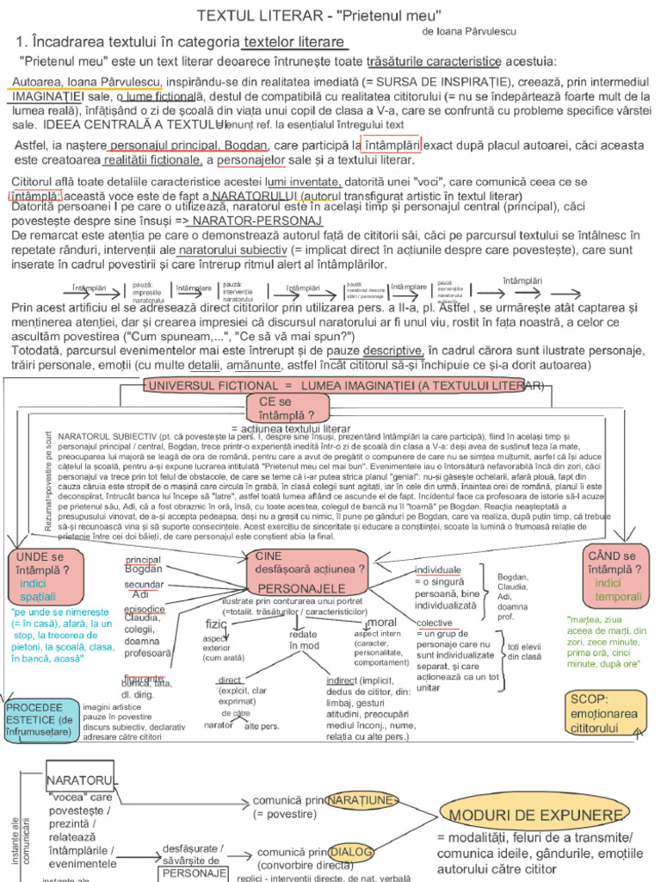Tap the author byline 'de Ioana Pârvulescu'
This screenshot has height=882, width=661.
(x=470, y=30)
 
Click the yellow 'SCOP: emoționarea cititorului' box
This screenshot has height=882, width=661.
(x=603, y=713)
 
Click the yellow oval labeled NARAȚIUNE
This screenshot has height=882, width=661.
(x=361, y=800)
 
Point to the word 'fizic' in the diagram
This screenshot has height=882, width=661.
(x=215, y=623)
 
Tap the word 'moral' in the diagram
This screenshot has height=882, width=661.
(x=380, y=622)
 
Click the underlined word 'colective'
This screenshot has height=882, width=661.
(x=435, y=623)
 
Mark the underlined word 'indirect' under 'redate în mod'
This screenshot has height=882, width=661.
(x=342, y=680)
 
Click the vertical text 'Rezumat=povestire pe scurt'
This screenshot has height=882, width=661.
(x=49, y=482)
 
